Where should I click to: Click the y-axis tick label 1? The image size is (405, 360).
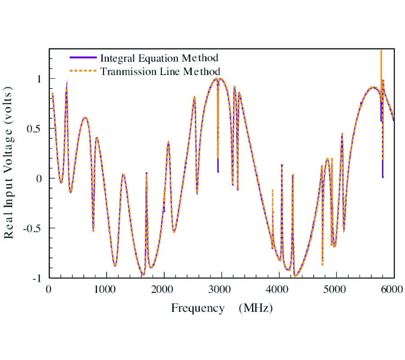(x=39, y=79)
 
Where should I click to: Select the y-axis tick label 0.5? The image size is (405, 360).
(x=35, y=129)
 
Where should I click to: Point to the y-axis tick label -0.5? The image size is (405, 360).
(x=33, y=228)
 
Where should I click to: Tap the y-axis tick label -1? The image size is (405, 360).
(x=37, y=278)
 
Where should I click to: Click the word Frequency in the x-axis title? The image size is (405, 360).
(x=198, y=308)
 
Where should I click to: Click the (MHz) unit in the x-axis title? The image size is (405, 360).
(x=256, y=308)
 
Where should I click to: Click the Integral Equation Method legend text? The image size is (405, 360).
(x=159, y=58)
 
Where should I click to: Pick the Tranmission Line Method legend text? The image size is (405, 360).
(x=160, y=72)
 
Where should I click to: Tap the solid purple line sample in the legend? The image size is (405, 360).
(x=83, y=58)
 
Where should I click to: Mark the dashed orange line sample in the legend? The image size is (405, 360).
(x=83, y=71)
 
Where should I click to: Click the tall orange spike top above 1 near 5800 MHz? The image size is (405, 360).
(x=381, y=51)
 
